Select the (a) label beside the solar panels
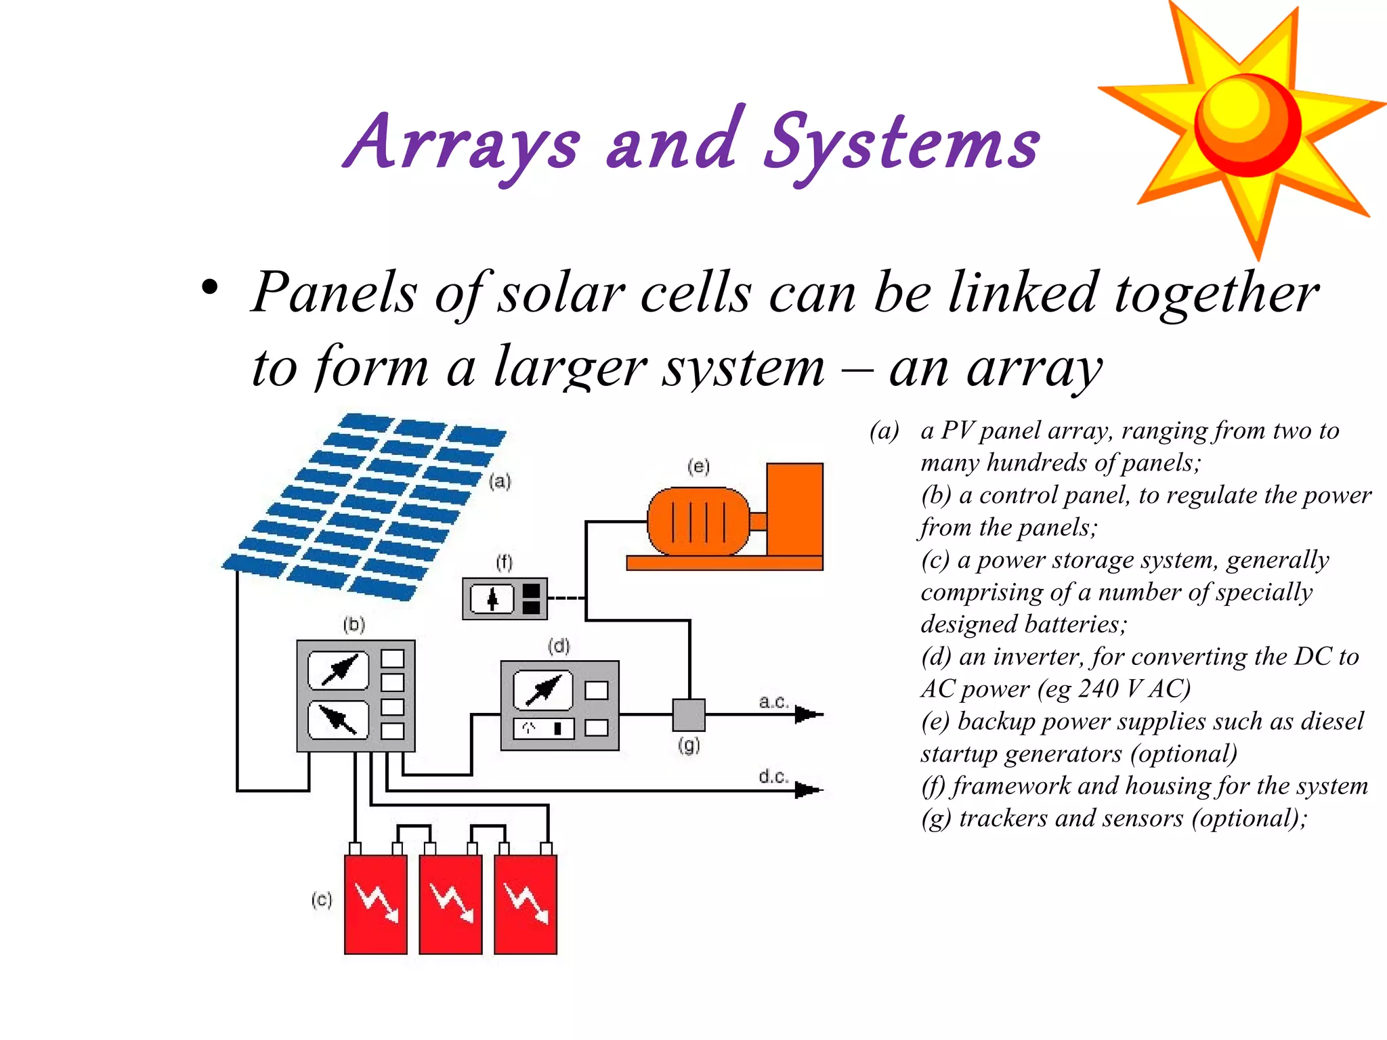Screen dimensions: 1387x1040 [500, 481]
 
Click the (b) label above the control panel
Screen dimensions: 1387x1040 [354, 624]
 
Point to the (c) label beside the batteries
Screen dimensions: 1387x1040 [322, 900]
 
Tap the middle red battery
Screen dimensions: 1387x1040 [450, 904]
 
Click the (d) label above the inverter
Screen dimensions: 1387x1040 [559, 646]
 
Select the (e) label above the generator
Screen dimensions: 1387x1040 [698, 466]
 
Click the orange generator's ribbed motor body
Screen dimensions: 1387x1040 [698, 521]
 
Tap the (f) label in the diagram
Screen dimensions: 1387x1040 [504, 562]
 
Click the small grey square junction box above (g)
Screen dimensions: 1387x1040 [689, 715]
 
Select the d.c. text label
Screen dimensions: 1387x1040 [773, 776]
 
